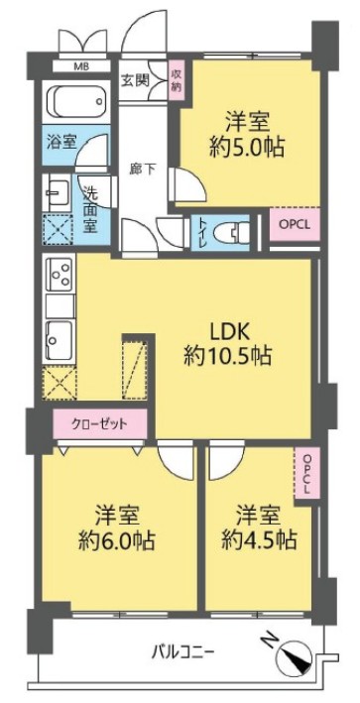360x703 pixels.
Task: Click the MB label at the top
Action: [x=81, y=67]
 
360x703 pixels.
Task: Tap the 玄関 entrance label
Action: [x=135, y=80]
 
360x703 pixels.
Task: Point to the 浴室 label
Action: [x=60, y=143]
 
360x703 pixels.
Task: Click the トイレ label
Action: [x=201, y=234]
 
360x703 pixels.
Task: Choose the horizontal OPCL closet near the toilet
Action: [x=295, y=225]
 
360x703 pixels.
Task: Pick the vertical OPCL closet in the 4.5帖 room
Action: [x=307, y=475]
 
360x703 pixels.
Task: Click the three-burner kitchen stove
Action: [x=60, y=273]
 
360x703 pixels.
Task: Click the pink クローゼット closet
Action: [x=100, y=423]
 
